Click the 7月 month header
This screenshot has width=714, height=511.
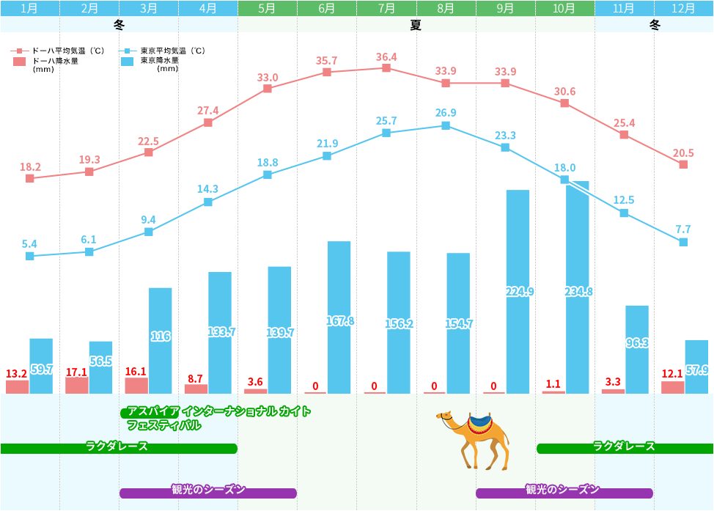(386, 9)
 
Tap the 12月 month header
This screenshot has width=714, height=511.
(683, 9)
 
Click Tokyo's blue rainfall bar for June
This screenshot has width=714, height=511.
(339, 317)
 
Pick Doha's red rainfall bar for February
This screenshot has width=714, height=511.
(77, 385)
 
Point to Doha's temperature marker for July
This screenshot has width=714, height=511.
(386, 68)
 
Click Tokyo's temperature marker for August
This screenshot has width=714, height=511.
(446, 125)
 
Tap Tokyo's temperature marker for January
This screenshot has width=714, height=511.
(30, 256)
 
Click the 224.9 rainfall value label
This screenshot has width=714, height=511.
(519, 291)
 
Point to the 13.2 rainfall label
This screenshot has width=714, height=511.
(16, 373)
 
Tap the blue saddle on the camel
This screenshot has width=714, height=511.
(481, 421)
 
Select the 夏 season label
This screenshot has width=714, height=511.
(416, 25)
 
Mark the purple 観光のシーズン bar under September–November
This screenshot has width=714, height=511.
(564, 493)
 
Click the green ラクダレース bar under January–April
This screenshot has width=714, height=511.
(119, 448)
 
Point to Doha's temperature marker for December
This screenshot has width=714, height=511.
(683, 164)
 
